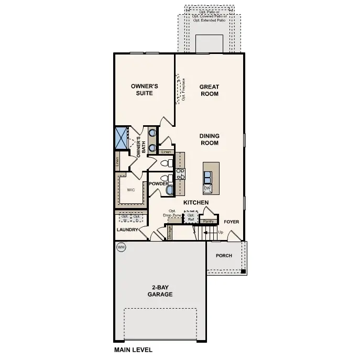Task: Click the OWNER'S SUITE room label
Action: point(144,89)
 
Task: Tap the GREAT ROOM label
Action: point(209,90)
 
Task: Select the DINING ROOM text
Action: point(209,139)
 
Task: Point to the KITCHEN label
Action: point(196,202)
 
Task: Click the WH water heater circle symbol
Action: point(121,247)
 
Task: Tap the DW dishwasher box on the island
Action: point(207,188)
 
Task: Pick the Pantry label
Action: point(208,222)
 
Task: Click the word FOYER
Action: point(231,222)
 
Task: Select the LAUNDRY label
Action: point(127,230)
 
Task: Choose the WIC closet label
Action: point(130,190)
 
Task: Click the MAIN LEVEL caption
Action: point(133,348)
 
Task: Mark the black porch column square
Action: point(243,271)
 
